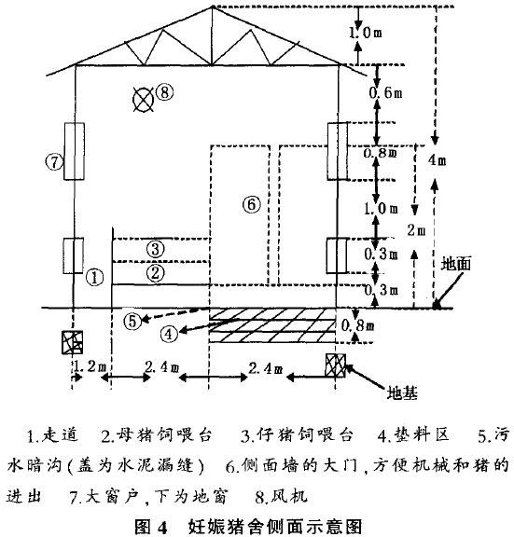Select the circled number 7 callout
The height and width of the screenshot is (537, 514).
pyautogui.click(x=54, y=160)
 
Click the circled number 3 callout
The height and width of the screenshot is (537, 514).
pyautogui.click(x=157, y=248)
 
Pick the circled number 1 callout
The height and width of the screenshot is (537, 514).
pyautogui.click(x=93, y=277)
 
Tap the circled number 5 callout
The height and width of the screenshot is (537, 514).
pyautogui.click(x=133, y=321)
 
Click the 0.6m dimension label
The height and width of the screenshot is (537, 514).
pyautogui.click(x=392, y=94)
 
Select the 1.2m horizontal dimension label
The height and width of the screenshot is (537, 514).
pyautogui.click(x=90, y=369)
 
